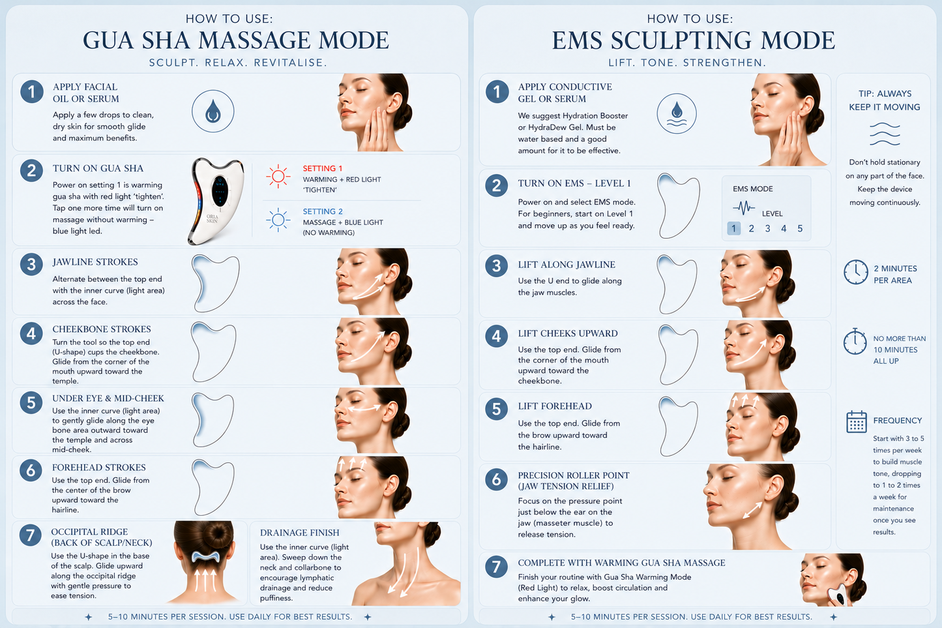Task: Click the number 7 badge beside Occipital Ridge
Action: (30, 535)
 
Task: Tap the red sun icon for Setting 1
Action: (278, 176)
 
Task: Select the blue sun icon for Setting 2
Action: (278, 220)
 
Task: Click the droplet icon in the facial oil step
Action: (213, 111)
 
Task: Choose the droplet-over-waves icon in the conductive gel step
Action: (677, 113)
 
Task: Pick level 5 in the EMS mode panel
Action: (800, 228)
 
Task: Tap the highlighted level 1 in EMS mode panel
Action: (734, 228)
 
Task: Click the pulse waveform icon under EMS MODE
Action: (744, 207)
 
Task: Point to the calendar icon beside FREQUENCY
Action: (856, 422)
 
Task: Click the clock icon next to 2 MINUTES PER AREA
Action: (856, 272)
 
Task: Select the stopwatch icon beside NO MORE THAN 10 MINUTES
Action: (855, 342)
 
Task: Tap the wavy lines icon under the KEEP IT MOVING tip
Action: (885, 134)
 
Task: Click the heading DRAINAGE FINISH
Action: (299, 533)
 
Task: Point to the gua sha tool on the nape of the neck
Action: (205, 557)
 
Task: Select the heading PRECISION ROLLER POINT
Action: (574, 475)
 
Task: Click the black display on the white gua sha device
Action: (220, 191)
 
